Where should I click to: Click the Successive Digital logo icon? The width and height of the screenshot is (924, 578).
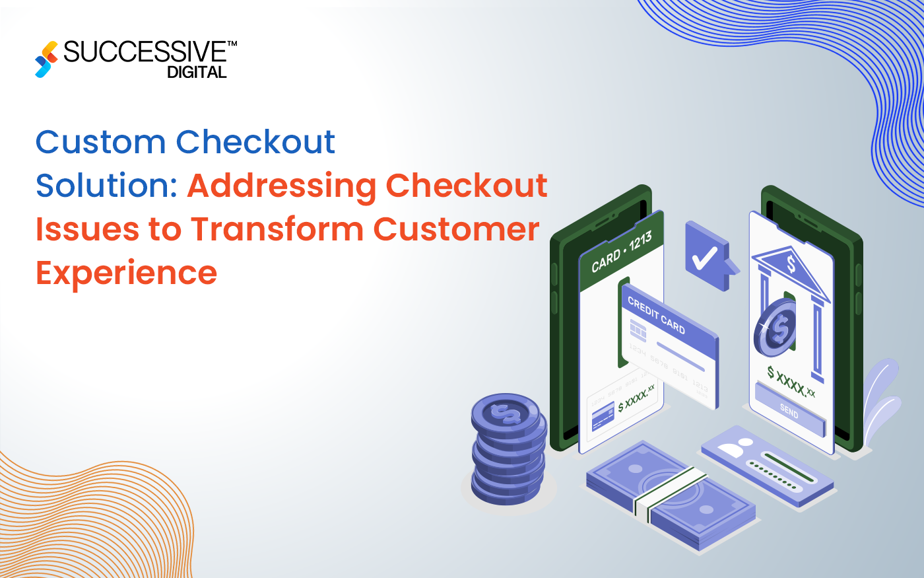click(x=46, y=59)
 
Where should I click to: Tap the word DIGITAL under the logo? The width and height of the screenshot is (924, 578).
click(x=197, y=73)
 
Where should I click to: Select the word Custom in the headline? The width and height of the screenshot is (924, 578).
click(x=100, y=142)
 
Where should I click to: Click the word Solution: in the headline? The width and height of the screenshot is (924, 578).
click(x=106, y=186)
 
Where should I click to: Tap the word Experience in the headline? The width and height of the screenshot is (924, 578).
click(x=126, y=273)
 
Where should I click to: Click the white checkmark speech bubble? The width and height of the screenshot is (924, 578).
click(x=706, y=256)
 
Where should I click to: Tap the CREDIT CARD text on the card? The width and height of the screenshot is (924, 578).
click(x=656, y=315)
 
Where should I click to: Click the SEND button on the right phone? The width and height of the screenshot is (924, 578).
click(x=789, y=411)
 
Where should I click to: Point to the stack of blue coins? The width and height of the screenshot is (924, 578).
click(x=508, y=450)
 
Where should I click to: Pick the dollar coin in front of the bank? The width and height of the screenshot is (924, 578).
click(x=775, y=327)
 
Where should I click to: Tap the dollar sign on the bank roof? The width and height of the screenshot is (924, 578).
click(x=791, y=265)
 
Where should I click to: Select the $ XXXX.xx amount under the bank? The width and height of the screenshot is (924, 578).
click(x=791, y=381)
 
